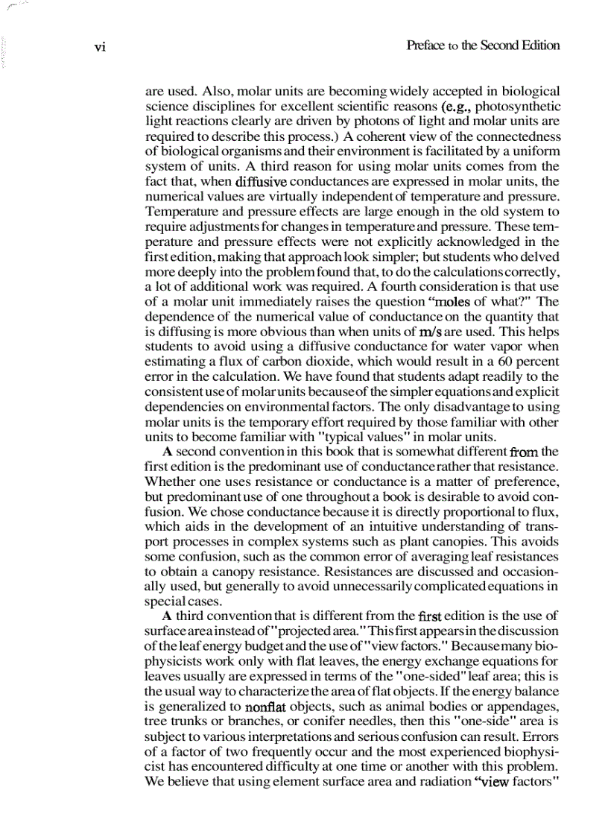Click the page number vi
101,46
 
